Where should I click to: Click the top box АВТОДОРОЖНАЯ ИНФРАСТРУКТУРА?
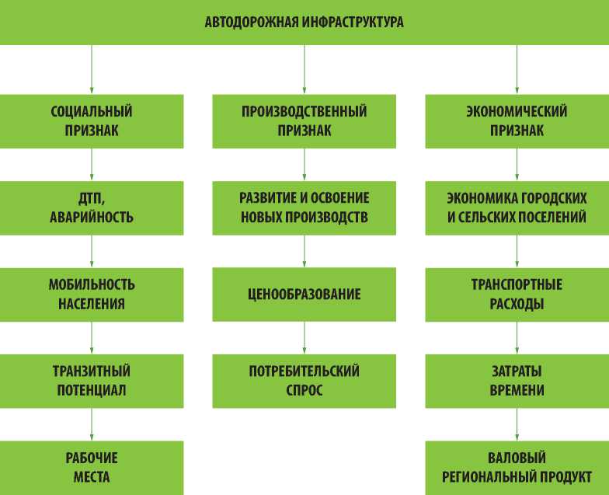304,23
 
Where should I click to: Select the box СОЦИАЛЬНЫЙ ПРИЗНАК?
92,121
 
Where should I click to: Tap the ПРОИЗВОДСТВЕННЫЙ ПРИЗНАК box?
304,121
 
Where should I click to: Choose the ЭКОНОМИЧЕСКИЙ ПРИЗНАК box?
517,121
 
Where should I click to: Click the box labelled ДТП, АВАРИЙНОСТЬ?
92,207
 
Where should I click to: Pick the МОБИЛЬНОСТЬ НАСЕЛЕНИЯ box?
92,295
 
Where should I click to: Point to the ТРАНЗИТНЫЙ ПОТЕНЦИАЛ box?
92,381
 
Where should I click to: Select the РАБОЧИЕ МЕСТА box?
92,467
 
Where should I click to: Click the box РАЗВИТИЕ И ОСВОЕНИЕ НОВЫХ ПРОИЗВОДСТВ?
304,207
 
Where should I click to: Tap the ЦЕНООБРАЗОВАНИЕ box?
304,295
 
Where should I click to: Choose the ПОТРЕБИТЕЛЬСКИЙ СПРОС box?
304,381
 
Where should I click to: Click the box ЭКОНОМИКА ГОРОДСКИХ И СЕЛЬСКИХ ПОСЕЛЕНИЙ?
517,207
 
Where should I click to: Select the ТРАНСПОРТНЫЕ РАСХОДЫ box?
517,295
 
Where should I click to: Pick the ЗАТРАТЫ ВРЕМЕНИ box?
517,381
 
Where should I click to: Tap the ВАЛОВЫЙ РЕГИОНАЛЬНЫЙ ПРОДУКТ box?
517,467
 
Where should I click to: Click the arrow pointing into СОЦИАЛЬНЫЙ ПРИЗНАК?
92,70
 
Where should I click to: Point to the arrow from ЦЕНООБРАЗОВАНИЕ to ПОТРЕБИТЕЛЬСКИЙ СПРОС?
304,338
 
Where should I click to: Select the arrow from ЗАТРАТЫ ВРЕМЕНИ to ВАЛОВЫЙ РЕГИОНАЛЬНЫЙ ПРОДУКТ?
517,424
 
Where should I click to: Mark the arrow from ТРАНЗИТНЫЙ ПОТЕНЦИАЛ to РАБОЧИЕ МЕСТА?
92,424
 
